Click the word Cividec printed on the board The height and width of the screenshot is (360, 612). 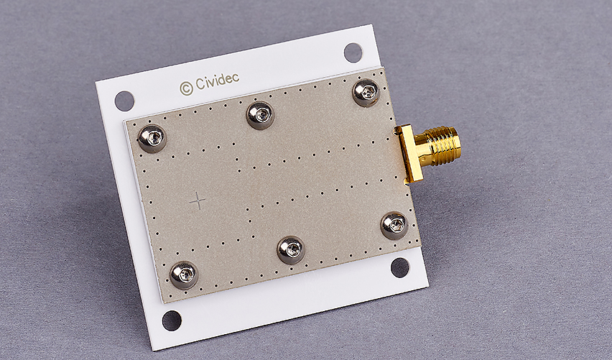[217, 81]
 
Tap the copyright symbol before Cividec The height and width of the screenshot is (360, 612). [187, 88]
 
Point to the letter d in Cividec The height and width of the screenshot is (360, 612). [222, 80]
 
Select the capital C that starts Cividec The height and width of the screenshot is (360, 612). [200, 83]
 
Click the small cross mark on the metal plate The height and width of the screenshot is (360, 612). [198, 200]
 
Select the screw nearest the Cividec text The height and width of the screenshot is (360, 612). [260, 115]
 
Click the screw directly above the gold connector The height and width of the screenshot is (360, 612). [366, 93]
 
